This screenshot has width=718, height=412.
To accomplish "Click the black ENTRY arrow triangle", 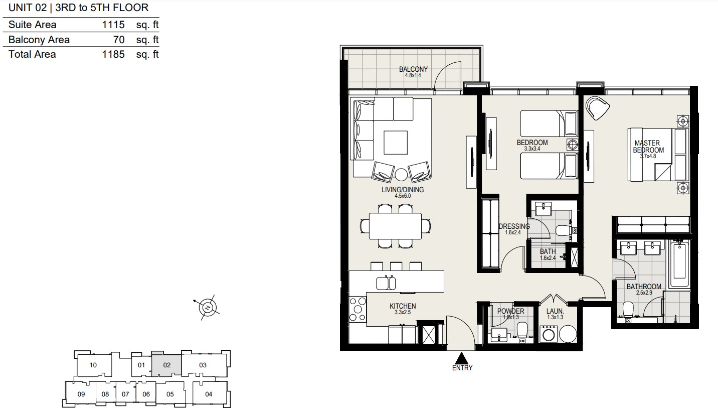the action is [462, 358].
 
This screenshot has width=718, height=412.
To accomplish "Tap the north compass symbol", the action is [208, 308].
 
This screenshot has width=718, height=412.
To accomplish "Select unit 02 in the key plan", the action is [166, 365].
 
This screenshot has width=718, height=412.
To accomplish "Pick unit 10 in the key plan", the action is [93, 365].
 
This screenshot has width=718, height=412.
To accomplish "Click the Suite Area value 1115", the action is [113, 25].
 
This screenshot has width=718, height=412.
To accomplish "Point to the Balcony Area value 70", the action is [119, 40].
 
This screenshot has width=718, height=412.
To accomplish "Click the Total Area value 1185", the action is [113, 54].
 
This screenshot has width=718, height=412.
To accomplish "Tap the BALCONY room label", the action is [413, 69].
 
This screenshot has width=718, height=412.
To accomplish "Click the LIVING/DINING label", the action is [403, 190].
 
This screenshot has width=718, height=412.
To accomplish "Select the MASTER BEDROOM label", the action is [648, 147].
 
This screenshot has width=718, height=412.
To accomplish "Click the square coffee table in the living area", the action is [396, 143].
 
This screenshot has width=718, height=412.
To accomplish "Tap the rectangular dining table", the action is [395, 226].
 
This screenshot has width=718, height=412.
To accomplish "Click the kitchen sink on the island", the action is [386, 283].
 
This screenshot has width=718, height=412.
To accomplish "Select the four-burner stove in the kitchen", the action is [357, 309].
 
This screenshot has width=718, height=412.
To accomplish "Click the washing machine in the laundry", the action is [549, 334].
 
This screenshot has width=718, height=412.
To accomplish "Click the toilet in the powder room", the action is [522, 330].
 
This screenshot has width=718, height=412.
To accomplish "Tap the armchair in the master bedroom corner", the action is [598, 108].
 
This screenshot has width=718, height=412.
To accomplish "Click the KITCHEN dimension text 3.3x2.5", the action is [403, 312].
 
